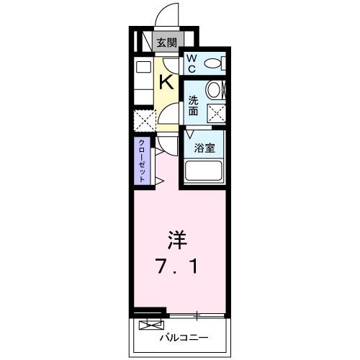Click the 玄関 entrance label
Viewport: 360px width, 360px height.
click(x=166, y=42)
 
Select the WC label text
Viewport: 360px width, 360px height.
click(x=192, y=64)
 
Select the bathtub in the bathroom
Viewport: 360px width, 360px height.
click(x=205, y=171)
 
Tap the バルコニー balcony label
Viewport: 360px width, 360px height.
click(x=183, y=338)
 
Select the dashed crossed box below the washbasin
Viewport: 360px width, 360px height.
click(x=215, y=113)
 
